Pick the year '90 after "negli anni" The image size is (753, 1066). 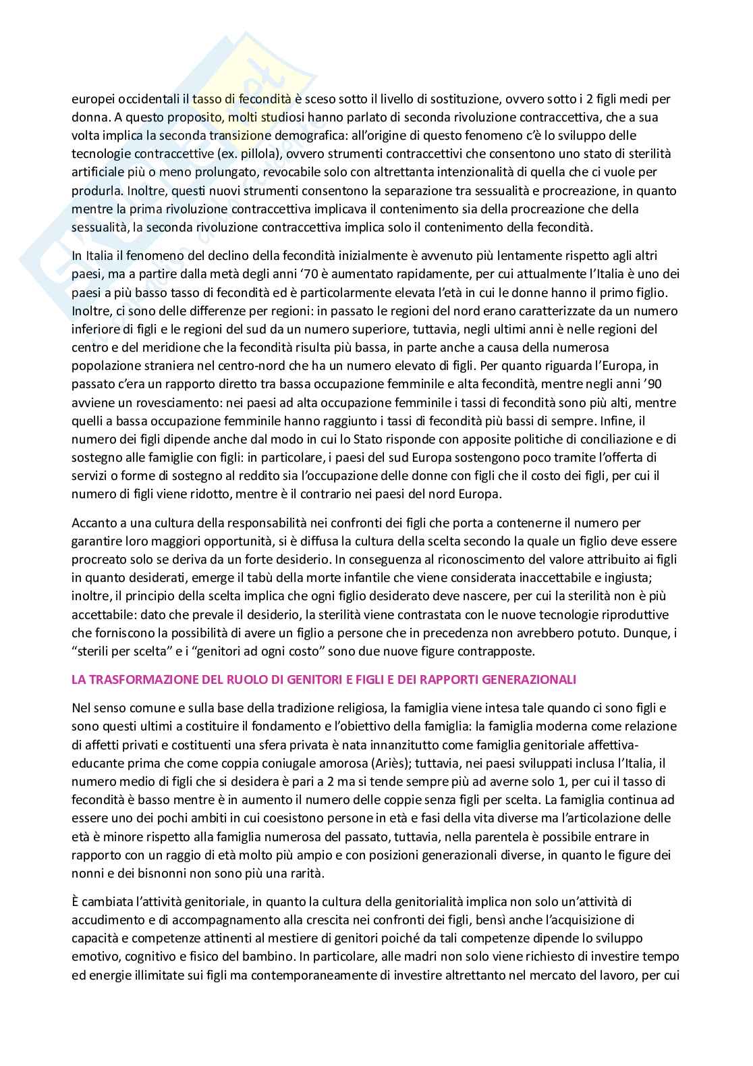tap(623, 384)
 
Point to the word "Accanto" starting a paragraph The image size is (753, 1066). tap(92, 523)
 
